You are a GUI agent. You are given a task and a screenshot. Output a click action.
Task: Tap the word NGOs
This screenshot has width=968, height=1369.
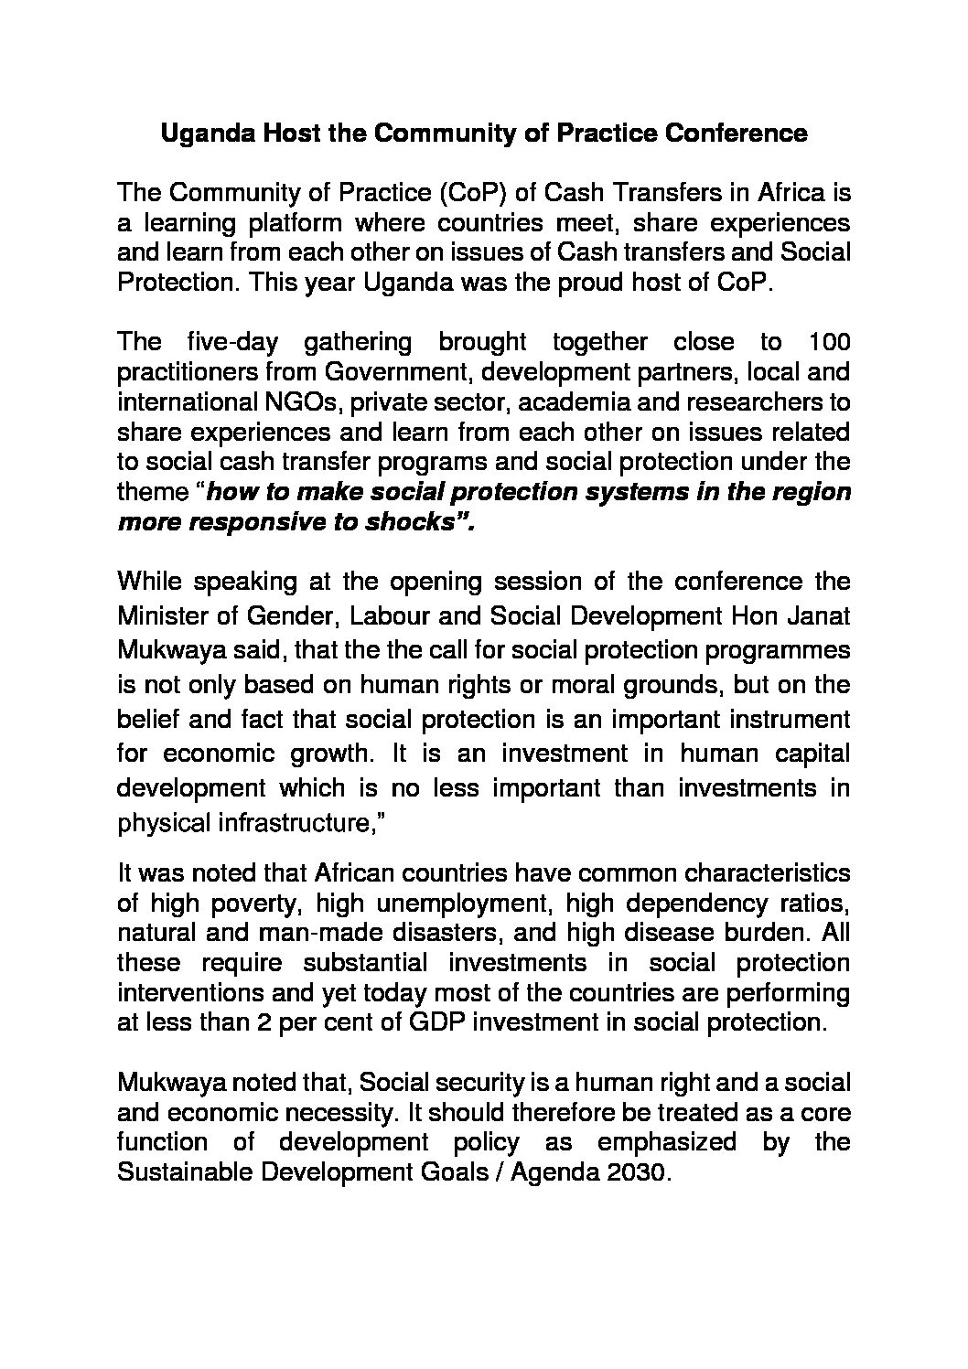click(308, 401)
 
